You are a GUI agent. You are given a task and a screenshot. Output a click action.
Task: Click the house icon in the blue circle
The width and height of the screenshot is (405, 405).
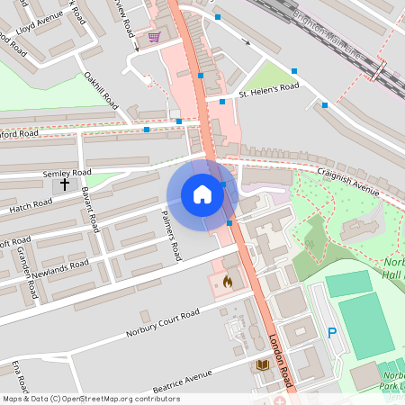coord(202,194)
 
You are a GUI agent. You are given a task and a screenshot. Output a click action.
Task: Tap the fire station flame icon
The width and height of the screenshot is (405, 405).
coord(227,282)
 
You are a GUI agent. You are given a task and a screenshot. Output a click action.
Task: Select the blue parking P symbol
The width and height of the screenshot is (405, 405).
coord(332,333)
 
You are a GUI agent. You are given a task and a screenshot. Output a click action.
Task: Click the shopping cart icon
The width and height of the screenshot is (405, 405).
coord(155,37)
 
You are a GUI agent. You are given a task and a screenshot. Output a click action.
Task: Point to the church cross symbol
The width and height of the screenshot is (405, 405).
coord(64,184)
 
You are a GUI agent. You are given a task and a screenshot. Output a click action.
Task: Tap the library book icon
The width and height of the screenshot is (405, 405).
coord(263,364)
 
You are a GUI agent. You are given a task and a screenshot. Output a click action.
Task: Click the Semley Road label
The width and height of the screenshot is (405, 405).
coord(67,172)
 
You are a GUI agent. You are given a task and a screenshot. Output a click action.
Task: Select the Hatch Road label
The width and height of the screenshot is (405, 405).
coord(31,208)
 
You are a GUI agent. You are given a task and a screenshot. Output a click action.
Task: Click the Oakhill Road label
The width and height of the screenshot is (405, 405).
coord(100,91)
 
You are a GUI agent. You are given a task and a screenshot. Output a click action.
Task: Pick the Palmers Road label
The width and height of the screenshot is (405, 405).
coord(171,234)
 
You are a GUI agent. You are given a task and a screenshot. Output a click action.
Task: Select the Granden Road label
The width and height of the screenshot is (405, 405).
coord(26,275)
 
